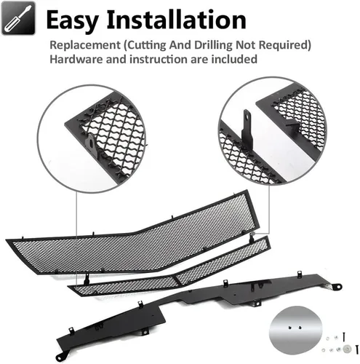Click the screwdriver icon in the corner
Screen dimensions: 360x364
pyautogui.click(x=18, y=18)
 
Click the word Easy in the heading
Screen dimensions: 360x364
pyautogui.click(x=72, y=20)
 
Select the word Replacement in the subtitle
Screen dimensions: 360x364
pyautogui.click(x=85, y=45)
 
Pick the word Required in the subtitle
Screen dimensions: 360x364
pyautogui.click(x=285, y=45)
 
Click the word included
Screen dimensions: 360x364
pyautogui.click(x=234, y=59)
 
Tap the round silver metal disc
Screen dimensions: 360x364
pyautogui.click(x=295, y=330)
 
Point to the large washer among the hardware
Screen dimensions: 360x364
pyautogui.click(x=348, y=349)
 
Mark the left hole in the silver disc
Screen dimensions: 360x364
pyautogui.click(x=289, y=328)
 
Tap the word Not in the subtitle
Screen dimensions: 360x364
pyautogui.click(x=246, y=45)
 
